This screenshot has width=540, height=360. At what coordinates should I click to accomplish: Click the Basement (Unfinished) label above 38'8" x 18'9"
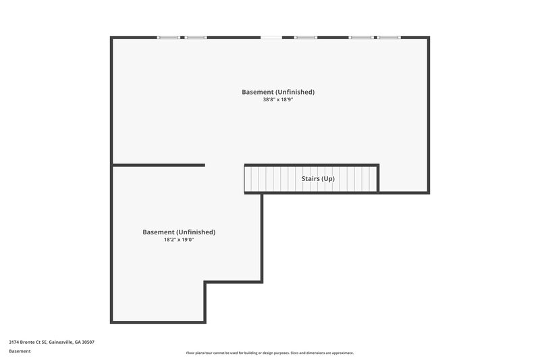pyautogui.click(x=278, y=92)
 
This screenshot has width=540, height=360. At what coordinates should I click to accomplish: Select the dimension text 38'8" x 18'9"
pyautogui.click(x=278, y=99)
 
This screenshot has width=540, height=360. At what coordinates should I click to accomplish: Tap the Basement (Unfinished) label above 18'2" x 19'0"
pyautogui.click(x=179, y=232)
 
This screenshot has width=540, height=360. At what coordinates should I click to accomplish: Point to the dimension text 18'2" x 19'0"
pyautogui.click(x=179, y=240)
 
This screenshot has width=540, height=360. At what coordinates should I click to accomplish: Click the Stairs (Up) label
pyautogui.click(x=318, y=179)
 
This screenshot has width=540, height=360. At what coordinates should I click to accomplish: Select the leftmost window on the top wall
pyautogui.click(x=168, y=37)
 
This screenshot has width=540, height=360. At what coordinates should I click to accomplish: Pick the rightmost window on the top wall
pyautogui.click(x=389, y=37)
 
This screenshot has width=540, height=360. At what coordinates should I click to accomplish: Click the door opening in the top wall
pyautogui.click(x=271, y=37)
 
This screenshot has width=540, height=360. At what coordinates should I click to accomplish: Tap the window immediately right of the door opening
pyautogui.click(x=306, y=37)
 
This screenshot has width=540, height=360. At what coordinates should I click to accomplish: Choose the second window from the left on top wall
pyautogui.click(x=196, y=37)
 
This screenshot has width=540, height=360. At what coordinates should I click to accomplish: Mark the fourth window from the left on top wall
pyautogui.click(x=360, y=37)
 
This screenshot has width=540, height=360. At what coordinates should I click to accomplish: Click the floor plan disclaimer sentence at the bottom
pyautogui.click(x=269, y=353)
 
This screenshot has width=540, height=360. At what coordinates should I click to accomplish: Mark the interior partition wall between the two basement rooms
pyautogui.click(x=159, y=164)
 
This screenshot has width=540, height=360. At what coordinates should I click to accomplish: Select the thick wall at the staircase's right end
pyautogui.click(x=377, y=178)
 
